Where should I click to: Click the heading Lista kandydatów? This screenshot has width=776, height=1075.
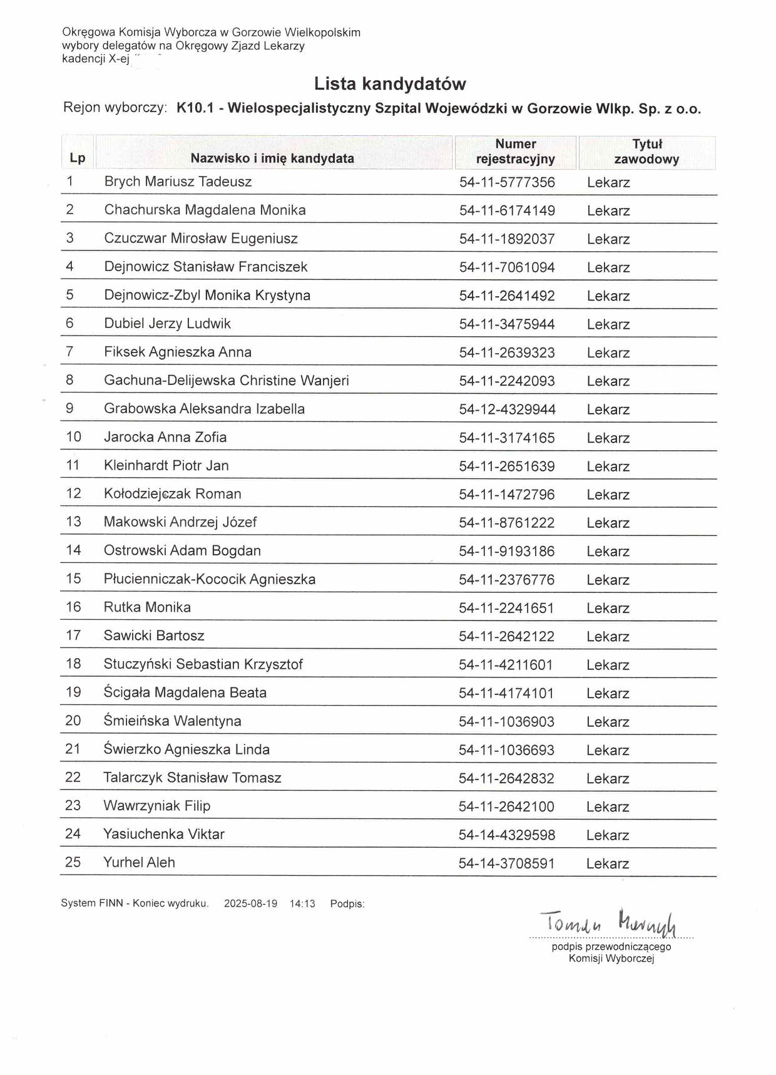(x=389, y=84)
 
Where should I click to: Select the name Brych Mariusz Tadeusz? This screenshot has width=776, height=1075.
(x=178, y=182)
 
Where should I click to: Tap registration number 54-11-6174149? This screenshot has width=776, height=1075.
(x=507, y=210)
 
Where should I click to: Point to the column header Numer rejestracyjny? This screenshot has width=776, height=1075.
(x=515, y=152)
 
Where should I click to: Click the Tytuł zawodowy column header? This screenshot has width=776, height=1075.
(x=646, y=152)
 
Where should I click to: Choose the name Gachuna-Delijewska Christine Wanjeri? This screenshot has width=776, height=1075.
(x=227, y=381)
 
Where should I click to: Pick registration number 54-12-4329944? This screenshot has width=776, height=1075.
(x=507, y=409)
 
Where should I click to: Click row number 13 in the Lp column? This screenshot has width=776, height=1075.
(x=74, y=522)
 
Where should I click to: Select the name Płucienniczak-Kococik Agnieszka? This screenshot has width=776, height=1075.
(x=210, y=579)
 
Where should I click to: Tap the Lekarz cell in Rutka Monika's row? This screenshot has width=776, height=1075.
(x=608, y=608)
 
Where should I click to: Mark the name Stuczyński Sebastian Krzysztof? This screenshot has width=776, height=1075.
(x=203, y=664)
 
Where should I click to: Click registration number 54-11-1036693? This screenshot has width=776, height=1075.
(x=506, y=750)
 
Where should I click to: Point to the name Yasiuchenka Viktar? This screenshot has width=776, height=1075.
(x=164, y=834)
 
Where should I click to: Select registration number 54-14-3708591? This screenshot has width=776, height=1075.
(x=506, y=863)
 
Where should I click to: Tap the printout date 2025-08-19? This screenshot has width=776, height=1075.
(x=250, y=903)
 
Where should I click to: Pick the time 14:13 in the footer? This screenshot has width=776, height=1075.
(x=302, y=903)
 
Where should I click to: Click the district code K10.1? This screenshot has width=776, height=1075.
(x=195, y=108)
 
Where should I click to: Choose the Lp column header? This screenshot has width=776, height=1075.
(x=78, y=158)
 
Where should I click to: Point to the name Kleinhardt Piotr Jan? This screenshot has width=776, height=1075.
(x=166, y=465)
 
